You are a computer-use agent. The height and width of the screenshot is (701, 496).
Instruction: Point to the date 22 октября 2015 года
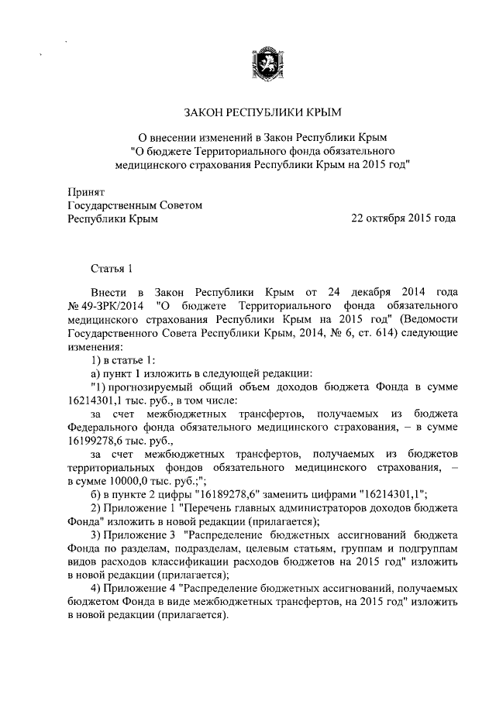(x=403, y=219)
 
